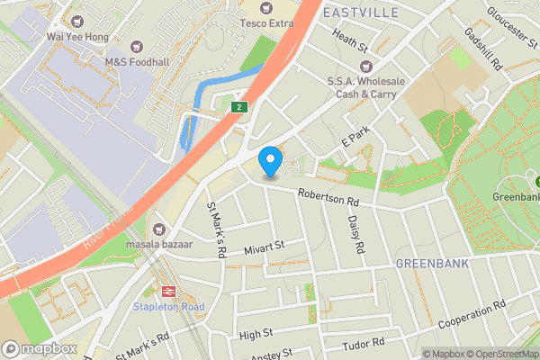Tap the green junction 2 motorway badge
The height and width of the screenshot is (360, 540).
[238, 107]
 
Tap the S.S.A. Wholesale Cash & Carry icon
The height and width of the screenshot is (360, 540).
[365, 66]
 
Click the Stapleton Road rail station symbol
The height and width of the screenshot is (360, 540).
[167, 291]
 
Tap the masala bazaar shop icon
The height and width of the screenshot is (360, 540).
[159, 230]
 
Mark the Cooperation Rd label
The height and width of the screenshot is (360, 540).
[474, 317]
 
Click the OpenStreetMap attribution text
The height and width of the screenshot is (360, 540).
[500, 354]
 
